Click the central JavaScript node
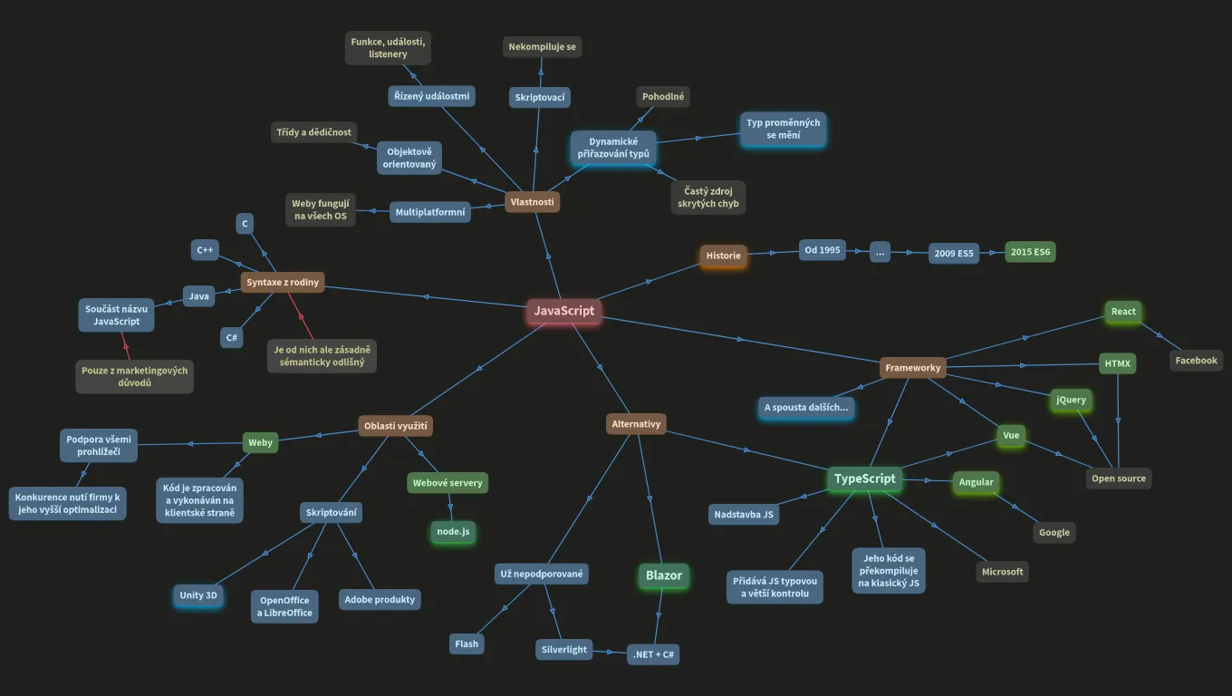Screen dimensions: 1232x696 pos(563,311)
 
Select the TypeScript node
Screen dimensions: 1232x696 pos(864,478)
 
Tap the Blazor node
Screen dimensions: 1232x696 pos(664,575)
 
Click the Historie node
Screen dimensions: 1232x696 pos(723,256)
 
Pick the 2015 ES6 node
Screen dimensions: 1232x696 pos(1030,252)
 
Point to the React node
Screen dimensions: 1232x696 pos(1123,312)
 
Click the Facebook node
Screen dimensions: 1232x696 pos(1197,361)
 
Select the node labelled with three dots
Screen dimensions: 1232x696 pos(880,253)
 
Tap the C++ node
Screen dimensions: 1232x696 pos(205,250)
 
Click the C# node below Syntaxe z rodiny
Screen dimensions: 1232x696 pos(232,337)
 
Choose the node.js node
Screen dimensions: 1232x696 pos(453,531)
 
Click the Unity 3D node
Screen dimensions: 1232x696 pos(198,595)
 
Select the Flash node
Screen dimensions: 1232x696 pos(467,643)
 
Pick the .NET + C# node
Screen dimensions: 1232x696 pos(653,654)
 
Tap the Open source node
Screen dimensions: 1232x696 pos(1119,478)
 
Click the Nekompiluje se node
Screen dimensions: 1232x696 pos(543,47)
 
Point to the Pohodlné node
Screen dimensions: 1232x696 pos(663,96)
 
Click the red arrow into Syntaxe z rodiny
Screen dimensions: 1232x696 pos(301,315)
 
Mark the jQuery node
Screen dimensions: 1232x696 pos(1071,400)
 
